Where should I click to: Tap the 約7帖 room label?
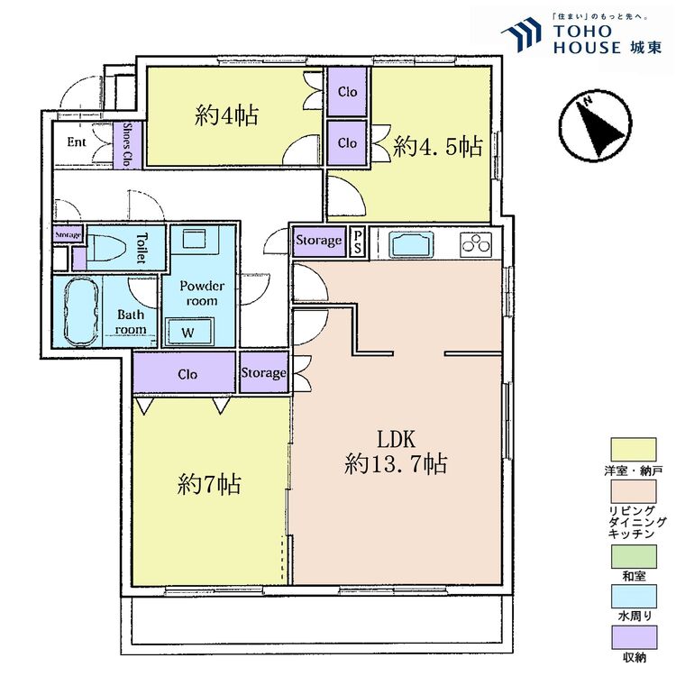209,485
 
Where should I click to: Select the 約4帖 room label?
226,115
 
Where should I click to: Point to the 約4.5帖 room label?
437,147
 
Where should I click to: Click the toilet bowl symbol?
105,247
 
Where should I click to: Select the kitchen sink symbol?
411,243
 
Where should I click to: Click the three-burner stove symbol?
477,244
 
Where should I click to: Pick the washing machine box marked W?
189,332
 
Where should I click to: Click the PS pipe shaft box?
358,242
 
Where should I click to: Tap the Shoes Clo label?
127,144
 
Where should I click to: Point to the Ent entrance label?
77,142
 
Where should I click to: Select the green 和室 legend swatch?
634,556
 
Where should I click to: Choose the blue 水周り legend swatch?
634,596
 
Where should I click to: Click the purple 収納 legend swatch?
634,636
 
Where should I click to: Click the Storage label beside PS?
318,240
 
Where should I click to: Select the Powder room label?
202,293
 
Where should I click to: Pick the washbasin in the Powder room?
194,238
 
